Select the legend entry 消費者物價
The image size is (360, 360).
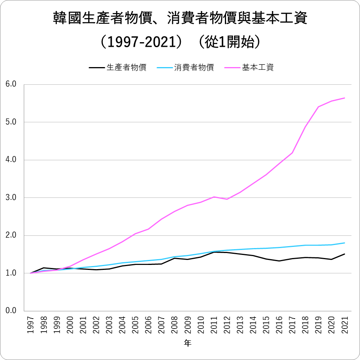pyautogui.click(x=194, y=68)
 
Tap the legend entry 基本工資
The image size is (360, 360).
pyautogui.click(x=258, y=68)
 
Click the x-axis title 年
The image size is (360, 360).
pyautogui.click(x=187, y=344)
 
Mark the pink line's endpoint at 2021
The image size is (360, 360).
pyautogui.click(x=345, y=98)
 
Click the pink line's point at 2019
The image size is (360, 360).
pyautogui.click(x=318, y=107)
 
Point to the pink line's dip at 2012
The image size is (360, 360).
pyautogui.click(x=227, y=199)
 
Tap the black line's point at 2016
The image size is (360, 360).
pyautogui.click(x=279, y=261)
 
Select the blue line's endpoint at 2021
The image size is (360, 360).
pyautogui.click(x=345, y=243)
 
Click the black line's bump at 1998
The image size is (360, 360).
pyautogui.click(x=43, y=268)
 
